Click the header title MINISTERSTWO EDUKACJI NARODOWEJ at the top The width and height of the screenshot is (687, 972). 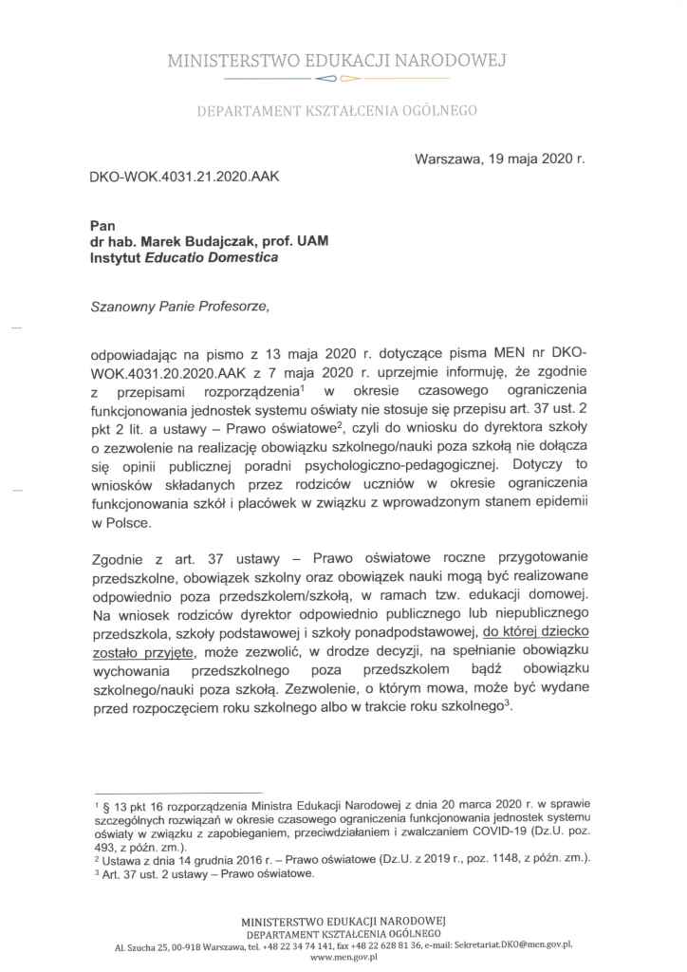click(337, 63)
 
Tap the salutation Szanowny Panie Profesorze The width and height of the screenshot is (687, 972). click(181, 307)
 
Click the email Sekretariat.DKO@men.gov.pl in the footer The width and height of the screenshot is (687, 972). click(511, 946)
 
